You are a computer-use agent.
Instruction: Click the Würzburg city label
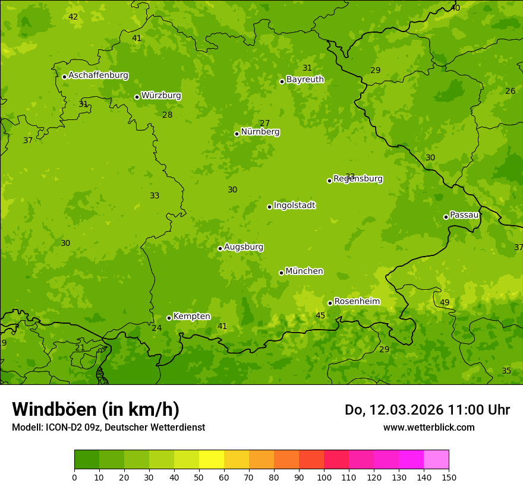(161, 96)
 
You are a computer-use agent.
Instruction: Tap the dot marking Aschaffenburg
(64, 77)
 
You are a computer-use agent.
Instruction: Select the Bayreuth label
(305, 80)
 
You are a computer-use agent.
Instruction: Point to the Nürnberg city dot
(237, 134)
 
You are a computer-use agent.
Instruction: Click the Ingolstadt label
(294, 206)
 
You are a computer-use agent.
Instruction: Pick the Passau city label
(464, 215)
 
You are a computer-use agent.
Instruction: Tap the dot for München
(281, 273)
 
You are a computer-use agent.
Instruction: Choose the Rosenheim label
(357, 302)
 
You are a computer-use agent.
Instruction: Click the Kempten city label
(191, 317)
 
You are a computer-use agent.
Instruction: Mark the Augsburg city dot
(220, 248)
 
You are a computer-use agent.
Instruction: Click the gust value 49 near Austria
(445, 303)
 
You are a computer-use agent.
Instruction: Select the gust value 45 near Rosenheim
(320, 316)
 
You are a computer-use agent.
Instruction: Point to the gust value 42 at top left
(73, 17)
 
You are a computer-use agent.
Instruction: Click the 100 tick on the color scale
(324, 478)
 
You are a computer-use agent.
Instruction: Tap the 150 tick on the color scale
(449, 478)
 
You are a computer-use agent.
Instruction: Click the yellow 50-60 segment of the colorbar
(212, 460)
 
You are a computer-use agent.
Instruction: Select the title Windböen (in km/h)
(96, 409)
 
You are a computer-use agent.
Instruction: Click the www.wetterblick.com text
(429, 427)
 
